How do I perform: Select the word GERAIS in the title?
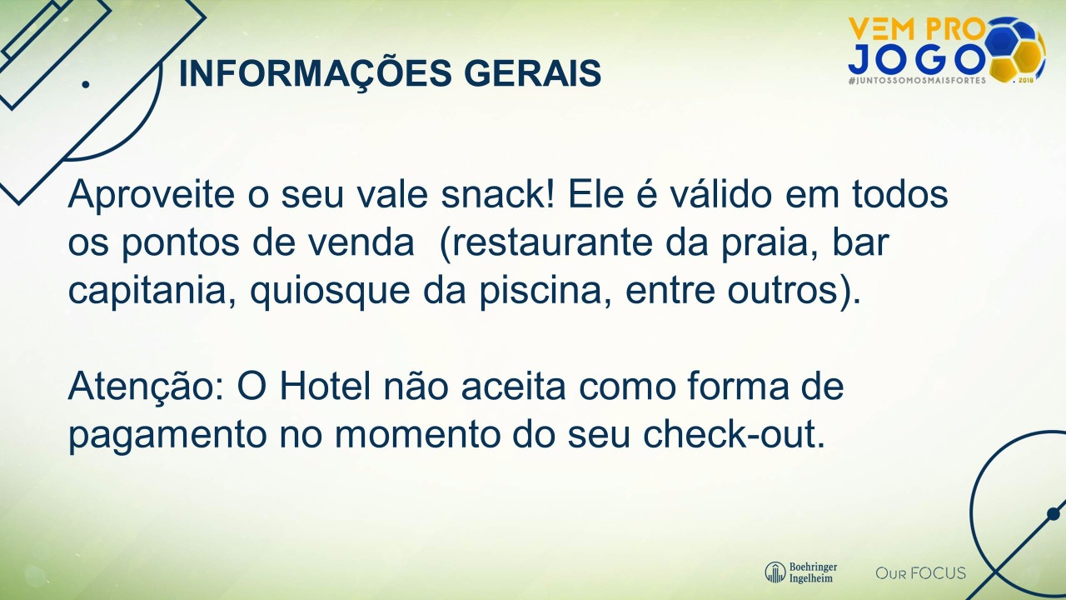pyautogui.click(x=532, y=73)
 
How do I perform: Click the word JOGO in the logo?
pyautogui.click(x=916, y=58)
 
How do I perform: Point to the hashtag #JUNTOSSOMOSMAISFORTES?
pyautogui.click(x=917, y=81)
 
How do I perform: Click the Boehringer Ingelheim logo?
pyautogui.click(x=801, y=572)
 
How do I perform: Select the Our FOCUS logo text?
pyautogui.click(x=921, y=572)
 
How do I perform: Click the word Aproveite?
pyautogui.click(x=152, y=195)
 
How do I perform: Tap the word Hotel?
pyautogui.click(x=325, y=386)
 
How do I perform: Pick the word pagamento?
pyautogui.click(x=167, y=436)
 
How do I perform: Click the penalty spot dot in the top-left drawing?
pyautogui.click(x=86, y=84)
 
